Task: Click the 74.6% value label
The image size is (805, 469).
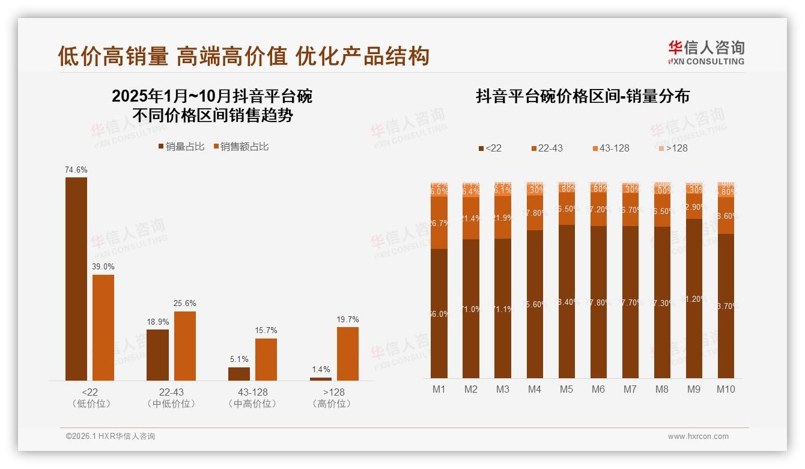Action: (x=76, y=170)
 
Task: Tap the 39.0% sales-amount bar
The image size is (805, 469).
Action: (x=103, y=327)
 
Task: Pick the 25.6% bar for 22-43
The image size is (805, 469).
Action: (x=184, y=346)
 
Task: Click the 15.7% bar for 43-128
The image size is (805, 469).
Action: (x=266, y=359)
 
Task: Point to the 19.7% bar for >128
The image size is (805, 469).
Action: (x=347, y=354)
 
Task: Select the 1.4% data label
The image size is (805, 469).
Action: (x=321, y=370)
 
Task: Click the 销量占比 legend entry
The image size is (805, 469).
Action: (x=181, y=147)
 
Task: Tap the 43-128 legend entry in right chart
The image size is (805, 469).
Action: (x=610, y=148)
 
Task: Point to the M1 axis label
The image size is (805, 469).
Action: (x=439, y=389)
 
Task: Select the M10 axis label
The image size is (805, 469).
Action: (x=726, y=389)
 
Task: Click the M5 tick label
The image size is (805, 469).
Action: (x=567, y=389)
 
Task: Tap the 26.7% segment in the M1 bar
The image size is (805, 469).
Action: (x=439, y=222)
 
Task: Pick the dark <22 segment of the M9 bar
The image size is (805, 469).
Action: (x=694, y=298)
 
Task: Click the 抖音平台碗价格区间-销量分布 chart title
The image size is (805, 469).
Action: (x=582, y=96)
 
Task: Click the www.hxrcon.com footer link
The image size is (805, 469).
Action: (x=698, y=437)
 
